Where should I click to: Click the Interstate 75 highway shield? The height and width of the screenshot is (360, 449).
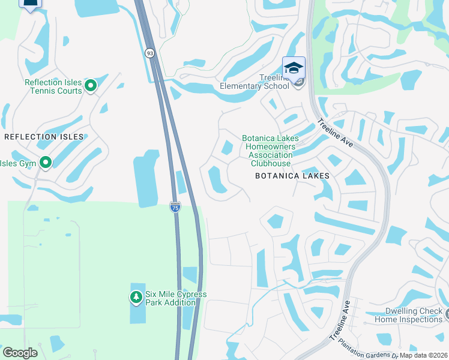pos(175,207)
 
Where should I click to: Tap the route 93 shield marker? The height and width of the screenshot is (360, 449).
pos(149,53)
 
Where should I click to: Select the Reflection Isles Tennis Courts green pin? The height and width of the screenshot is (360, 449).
pos(91,86)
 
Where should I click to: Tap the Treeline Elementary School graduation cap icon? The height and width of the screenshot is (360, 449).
pos(294,67)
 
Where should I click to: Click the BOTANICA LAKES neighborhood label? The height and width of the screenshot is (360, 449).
pos(292,176)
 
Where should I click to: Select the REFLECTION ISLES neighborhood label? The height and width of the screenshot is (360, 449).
pos(44,137)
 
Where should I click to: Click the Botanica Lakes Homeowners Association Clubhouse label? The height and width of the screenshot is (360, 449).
pos(270,151)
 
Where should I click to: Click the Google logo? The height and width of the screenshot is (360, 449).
pos(20,353)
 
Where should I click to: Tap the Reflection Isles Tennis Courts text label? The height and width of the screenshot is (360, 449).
pos(53,87)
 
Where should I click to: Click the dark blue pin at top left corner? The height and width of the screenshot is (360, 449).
pos(29,3)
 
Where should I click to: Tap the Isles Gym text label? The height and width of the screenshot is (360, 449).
pos(18,163)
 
